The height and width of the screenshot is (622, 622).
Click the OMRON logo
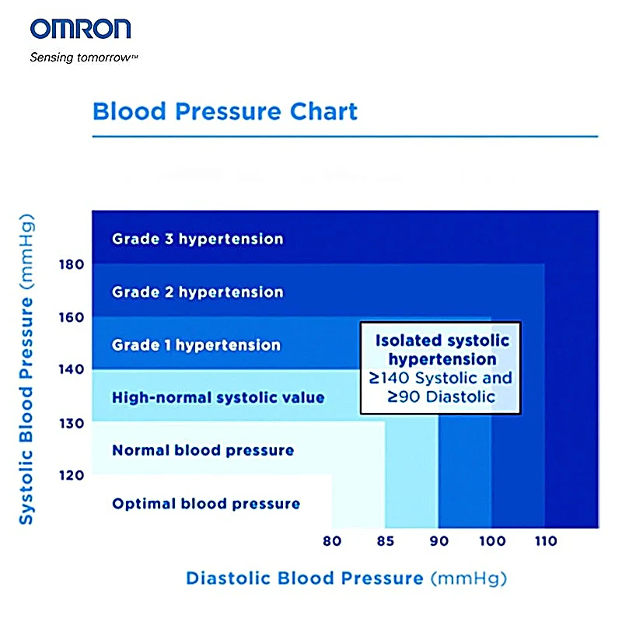click(80, 30)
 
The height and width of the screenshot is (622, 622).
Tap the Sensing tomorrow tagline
click(84, 58)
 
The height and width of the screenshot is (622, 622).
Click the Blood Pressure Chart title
click(225, 110)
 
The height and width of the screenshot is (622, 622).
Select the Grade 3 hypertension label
click(197, 239)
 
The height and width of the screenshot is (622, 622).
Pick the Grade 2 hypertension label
click(197, 292)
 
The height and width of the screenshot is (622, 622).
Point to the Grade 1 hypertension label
click(196, 344)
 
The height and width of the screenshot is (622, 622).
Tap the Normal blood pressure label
click(203, 450)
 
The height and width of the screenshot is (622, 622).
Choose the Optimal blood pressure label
click(206, 504)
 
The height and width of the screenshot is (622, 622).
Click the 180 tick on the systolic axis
click(71, 264)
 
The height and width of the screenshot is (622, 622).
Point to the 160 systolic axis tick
click(71, 317)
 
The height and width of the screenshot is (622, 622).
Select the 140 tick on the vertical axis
click(71, 369)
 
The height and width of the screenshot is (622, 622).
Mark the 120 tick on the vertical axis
click(71, 474)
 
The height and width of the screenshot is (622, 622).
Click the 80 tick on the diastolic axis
click(331, 541)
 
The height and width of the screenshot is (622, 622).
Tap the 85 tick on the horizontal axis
click(385, 541)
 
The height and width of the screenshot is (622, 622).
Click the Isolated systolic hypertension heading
click(442, 350)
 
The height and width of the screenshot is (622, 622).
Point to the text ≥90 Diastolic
click(442, 397)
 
